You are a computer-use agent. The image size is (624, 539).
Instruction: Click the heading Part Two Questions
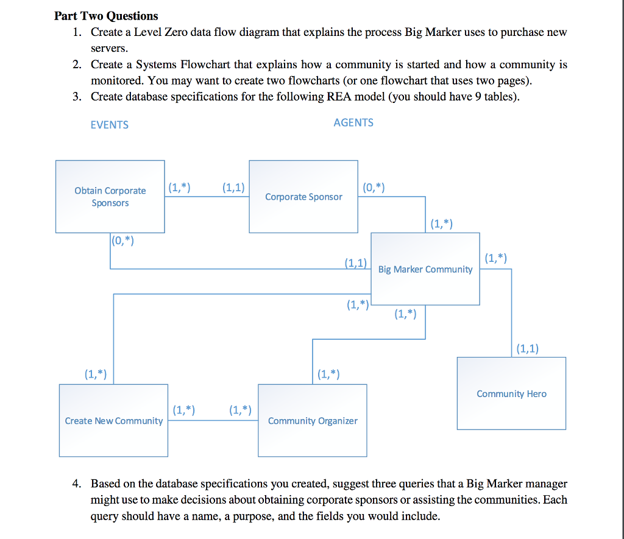coord(106,16)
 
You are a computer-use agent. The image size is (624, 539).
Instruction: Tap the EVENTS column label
coord(109,125)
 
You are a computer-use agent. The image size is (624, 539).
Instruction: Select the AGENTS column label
coord(353,122)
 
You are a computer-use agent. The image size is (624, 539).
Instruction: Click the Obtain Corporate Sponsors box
coord(110,196)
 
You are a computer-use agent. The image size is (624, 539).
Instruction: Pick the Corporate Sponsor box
coord(303,196)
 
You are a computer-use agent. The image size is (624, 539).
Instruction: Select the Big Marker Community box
coord(425,269)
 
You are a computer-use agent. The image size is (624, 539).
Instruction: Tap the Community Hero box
coord(511,393)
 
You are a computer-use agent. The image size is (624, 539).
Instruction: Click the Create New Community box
coord(113,420)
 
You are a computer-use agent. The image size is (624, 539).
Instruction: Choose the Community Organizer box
coord(313,420)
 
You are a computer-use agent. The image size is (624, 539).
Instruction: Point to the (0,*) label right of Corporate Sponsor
coord(373,187)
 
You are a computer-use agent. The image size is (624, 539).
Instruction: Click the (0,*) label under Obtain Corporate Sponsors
coord(123,241)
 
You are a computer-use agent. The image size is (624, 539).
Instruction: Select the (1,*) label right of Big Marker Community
coord(495,258)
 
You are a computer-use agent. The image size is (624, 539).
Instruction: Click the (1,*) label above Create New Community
coord(95,374)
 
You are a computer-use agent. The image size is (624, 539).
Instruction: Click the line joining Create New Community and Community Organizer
coord(213,421)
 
